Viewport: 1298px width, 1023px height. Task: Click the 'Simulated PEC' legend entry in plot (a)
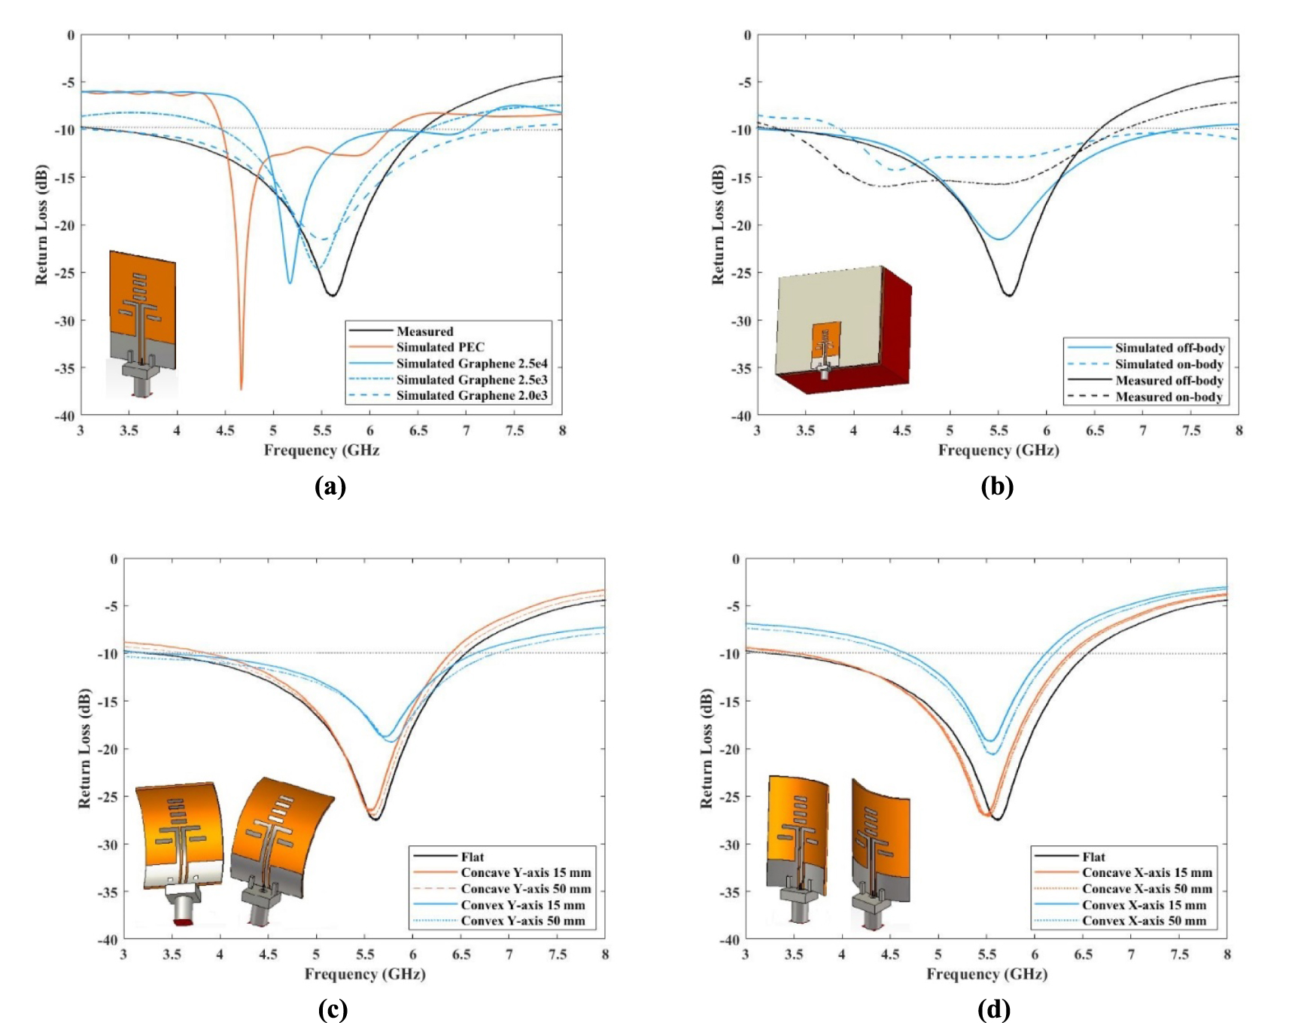[440, 347]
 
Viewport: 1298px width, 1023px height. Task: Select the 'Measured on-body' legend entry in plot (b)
[1169, 397]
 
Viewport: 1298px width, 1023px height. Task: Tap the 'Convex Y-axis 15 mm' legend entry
[522, 905]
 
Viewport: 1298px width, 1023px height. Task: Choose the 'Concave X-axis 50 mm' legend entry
[1147, 889]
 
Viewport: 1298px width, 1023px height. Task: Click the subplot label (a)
[330, 486]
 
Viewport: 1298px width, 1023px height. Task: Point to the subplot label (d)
[993, 1009]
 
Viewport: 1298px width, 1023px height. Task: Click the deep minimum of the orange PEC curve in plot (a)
[242, 388]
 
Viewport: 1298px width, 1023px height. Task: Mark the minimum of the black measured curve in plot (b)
[1008, 294]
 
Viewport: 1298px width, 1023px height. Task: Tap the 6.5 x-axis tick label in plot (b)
[1095, 431]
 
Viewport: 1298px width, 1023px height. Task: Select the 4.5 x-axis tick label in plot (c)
[268, 954]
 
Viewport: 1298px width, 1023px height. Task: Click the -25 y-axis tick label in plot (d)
[731, 796]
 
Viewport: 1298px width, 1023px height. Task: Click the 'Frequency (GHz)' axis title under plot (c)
[365, 974]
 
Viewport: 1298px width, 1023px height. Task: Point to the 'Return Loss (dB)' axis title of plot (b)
[718, 224]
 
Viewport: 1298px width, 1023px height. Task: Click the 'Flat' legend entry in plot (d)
[1093, 857]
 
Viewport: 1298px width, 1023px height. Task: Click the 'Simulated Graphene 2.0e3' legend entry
[472, 396]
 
